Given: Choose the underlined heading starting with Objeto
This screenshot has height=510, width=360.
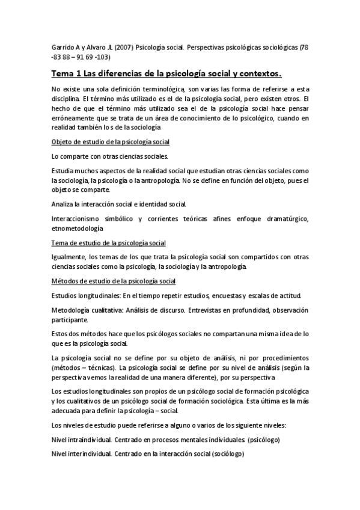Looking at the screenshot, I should coord(111,141).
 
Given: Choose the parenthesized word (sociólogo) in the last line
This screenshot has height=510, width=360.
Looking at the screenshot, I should coord(224,455).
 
